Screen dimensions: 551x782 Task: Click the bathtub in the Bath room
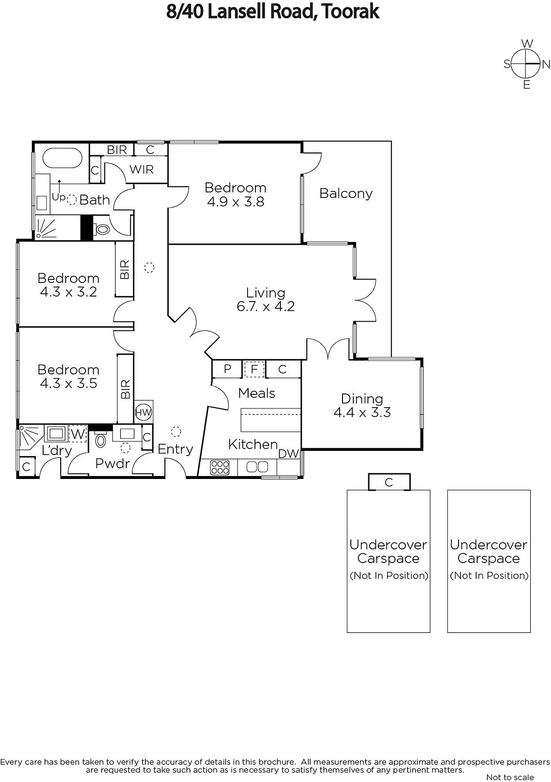coord(62,159)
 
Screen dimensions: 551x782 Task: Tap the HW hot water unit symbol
coord(143,413)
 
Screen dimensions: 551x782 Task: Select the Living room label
coord(265,293)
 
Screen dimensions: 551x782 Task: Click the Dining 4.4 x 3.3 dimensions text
coord(362,413)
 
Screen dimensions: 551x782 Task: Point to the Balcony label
coord(346,194)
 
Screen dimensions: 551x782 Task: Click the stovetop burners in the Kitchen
coord(220,467)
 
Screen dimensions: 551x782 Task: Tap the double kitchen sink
coord(257,467)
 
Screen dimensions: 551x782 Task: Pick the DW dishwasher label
coord(288,454)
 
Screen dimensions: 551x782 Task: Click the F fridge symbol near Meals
coord(254,369)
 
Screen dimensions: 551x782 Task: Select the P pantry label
coord(228,369)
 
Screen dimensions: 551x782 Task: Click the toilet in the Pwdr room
coord(100,440)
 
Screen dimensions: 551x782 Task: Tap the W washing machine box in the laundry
coord(78,434)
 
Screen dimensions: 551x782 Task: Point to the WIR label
coord(141,170)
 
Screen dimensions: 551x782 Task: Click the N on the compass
coord(546,64)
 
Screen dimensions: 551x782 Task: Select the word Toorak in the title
coord(350,12)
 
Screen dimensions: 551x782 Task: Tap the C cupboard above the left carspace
coord(389,482)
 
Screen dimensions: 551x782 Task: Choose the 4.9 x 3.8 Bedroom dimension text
coord(236,202)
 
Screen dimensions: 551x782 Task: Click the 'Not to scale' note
coord(510,777)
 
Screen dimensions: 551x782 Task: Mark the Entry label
coord(175,449)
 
